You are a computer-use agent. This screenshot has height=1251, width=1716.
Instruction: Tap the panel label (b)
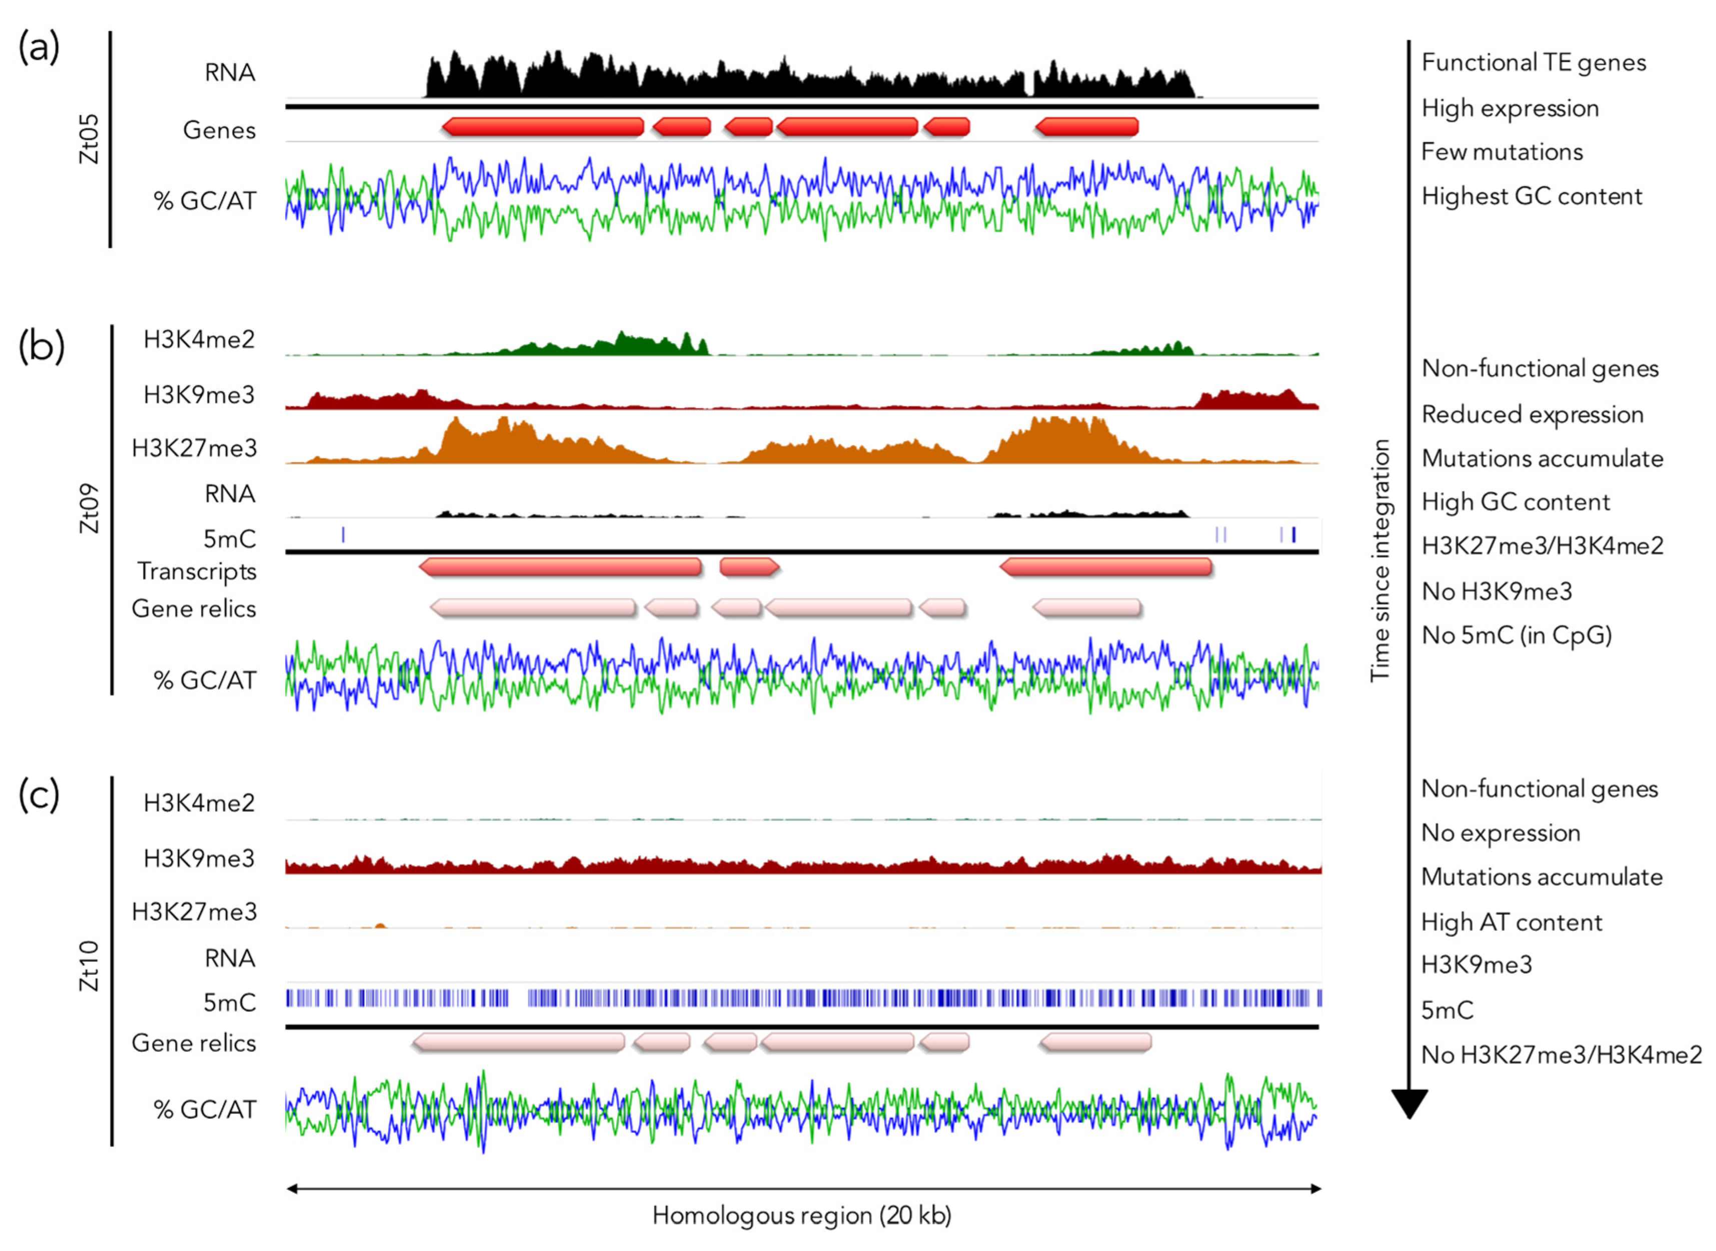41,347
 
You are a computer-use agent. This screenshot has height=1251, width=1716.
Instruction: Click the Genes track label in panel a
219,130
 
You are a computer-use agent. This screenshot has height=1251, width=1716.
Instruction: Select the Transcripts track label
196,572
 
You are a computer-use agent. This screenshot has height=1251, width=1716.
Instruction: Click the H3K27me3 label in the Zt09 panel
194,448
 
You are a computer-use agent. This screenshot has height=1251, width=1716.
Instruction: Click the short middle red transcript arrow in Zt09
748,566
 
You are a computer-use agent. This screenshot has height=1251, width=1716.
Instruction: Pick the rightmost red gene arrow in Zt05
1087,127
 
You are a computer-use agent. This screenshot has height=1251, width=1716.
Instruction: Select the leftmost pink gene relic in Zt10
518,1043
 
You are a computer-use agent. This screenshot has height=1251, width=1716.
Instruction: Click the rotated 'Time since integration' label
1380,560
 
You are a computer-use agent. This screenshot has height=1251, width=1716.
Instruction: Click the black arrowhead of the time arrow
1409,1103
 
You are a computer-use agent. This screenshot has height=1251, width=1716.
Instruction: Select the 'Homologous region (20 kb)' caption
801,1215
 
